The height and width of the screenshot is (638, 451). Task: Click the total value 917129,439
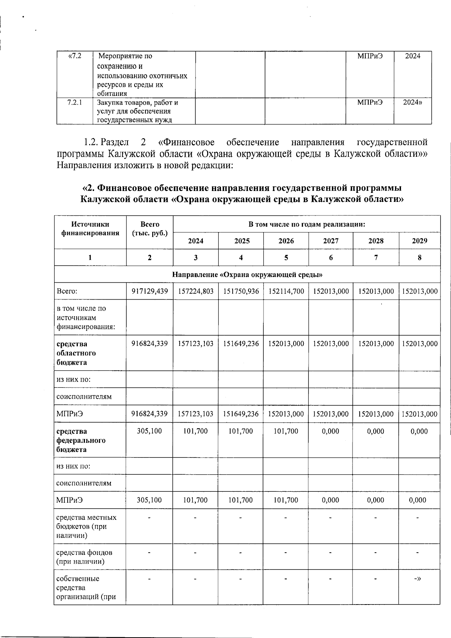pyautogui.click(x=150, y=291)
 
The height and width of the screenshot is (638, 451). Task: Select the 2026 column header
pyautogui.click(x=286, y=241)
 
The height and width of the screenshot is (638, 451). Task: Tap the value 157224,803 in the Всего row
pyautogui.click(x=195, y=291)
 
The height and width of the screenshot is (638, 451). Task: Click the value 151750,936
pyautogui.click(x=241, y=291)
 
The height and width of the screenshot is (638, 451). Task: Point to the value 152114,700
pyautogui.click(x=286, y=291)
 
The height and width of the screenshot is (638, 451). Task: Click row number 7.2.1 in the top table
pyautogui.click(x=74, y=102)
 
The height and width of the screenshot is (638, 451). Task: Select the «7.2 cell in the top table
pyautogui.click(x=74, y=56)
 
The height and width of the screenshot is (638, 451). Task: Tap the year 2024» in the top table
pyautogui.click(x=412, y=102)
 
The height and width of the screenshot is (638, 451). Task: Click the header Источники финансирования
pyautogui.click(x=90, y=229)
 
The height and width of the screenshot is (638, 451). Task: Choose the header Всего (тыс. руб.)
pyautogui.click(x=150, y=229)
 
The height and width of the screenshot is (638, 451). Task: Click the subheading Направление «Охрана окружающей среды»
pyautogui.click(x=247, y=274)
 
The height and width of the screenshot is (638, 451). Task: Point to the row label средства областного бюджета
pyautogui.click(x=76, y=353)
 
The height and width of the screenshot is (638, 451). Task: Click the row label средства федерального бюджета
pyautogui.click(x=81, y=440)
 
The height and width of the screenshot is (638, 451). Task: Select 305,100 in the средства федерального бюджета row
pyautogui.click(x=150, y=431)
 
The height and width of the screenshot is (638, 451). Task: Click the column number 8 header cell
pyautogui.click(x=419, y=258)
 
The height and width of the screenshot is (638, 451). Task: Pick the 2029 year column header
pyautogui.click(x=419, y=241)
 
